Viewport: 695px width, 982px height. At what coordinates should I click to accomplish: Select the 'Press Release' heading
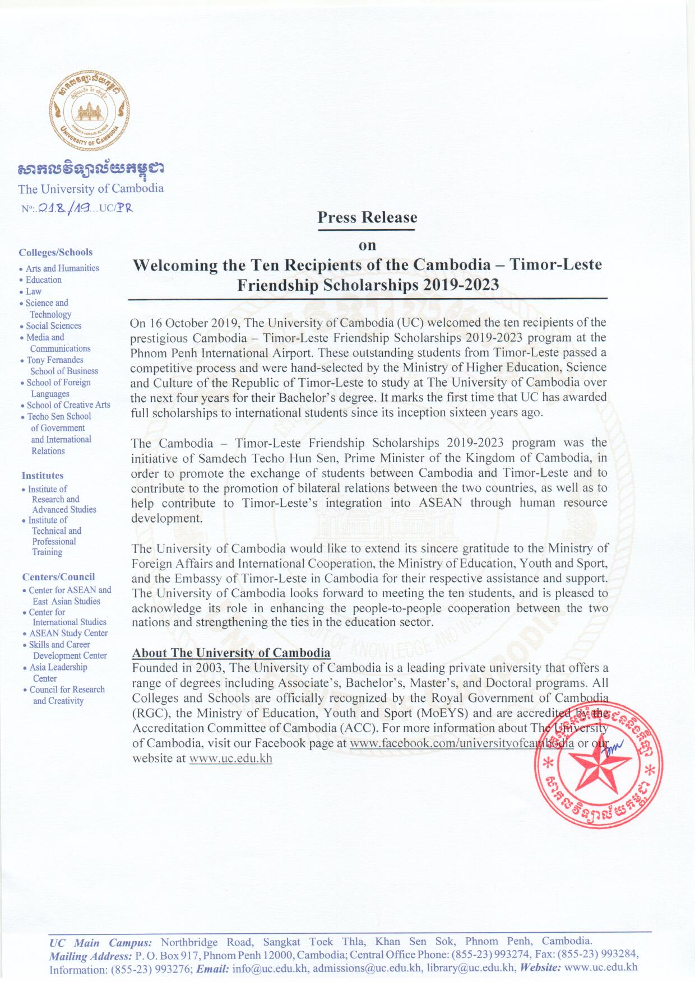[367, 217]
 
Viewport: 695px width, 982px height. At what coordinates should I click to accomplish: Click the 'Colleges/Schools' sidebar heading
[55, 252]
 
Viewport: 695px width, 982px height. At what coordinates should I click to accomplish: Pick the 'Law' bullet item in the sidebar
[34, 291]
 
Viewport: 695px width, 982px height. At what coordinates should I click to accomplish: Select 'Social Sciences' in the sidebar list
[54, 325]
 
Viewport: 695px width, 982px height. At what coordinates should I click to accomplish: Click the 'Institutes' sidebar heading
[43, 476]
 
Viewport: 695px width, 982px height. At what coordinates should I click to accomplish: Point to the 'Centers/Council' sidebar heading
[58, 577]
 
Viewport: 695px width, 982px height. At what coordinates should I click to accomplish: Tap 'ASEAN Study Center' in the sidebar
[68, 633]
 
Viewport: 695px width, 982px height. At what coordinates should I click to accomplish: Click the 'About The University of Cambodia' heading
[231, 653]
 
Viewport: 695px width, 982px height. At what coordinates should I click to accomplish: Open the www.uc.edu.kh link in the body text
[230, 758]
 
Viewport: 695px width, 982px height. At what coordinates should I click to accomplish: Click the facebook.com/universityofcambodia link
[461, 743]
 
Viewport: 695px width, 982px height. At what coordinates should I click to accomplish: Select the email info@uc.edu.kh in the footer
[270, 967]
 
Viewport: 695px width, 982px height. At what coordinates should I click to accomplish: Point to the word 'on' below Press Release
[367, 245]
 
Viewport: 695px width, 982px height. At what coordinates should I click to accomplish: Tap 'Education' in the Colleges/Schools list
[44, 280]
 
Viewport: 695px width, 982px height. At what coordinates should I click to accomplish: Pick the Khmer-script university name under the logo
[91, 169]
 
